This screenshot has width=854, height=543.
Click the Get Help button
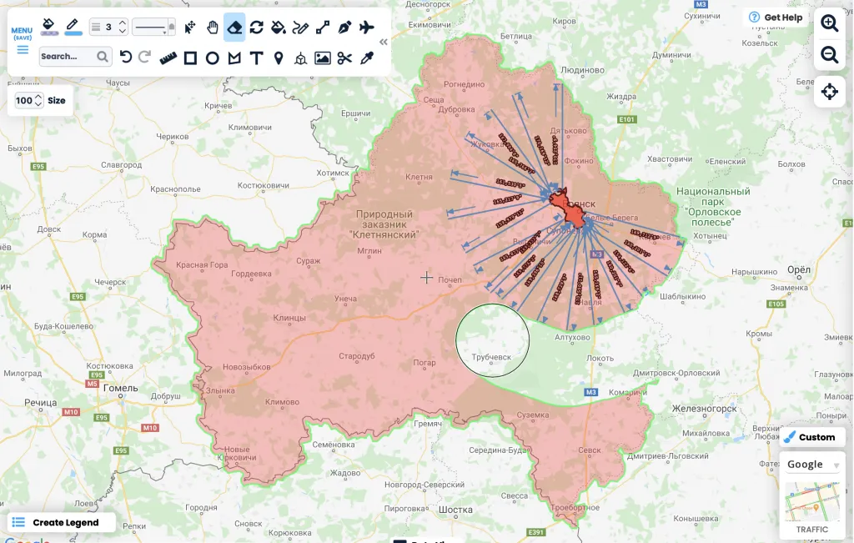pos(776,18)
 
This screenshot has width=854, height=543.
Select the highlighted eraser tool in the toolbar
pos(234,28)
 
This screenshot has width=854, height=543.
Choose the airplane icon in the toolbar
pos(366,28)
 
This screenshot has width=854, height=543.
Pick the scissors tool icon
pos(344,58)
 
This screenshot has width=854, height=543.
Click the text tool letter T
pos(256,58)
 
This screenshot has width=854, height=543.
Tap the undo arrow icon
pos(126,57)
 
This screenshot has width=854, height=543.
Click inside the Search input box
pos(67,57)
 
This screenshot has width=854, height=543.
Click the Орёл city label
pos(799,269)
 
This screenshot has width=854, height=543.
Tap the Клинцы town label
pos(289,318)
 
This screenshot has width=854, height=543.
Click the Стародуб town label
pos(356,356)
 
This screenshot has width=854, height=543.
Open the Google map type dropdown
pos(812,465)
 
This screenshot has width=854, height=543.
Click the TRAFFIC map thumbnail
pos(811,507)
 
